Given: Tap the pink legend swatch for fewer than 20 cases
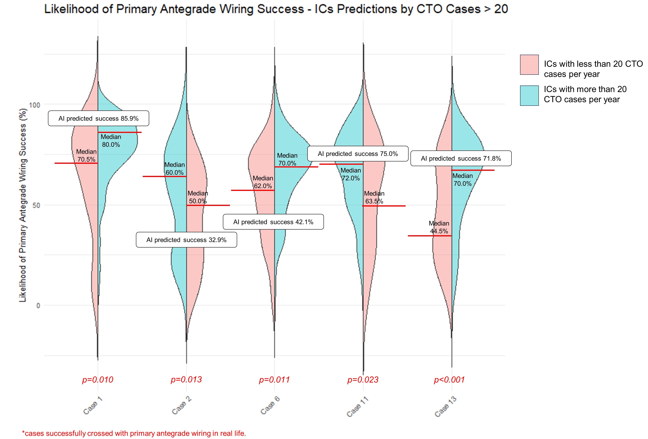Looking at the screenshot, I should point(529,65).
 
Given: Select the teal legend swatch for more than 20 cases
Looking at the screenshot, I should point(529,95).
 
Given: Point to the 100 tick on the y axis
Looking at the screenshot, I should point(35,105).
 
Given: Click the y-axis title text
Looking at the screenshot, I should point(23,205).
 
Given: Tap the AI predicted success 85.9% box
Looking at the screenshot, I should point(98,118).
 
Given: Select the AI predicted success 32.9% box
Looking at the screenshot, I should point(186,240).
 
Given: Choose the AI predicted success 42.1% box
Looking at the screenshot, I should point(273,222).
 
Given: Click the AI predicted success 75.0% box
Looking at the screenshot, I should point(358,153).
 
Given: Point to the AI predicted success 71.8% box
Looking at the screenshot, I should point(461,159).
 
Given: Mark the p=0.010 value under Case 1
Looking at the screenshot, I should point(98,379).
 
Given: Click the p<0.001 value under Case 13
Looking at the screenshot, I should point(449,379).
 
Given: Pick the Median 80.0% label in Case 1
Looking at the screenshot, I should point(111,141).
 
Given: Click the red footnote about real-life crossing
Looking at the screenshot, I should point(134,433).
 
